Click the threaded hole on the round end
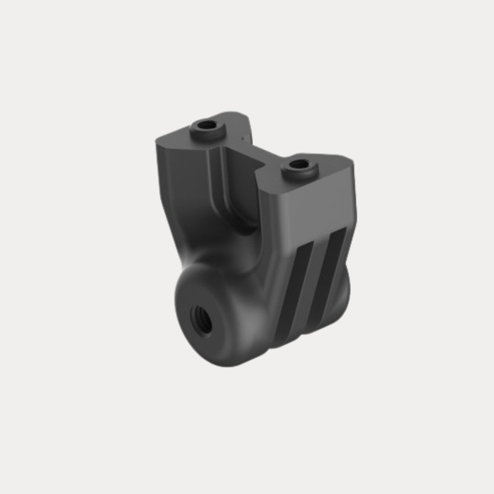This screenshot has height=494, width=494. point(202,319)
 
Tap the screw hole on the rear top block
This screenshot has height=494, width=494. point(207,125)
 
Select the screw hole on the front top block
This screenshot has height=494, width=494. point(299,165)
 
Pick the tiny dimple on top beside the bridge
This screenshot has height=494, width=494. point(240,140)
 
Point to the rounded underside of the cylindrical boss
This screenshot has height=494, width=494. point(227,359)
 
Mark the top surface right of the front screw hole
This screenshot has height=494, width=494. point(333,166)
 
